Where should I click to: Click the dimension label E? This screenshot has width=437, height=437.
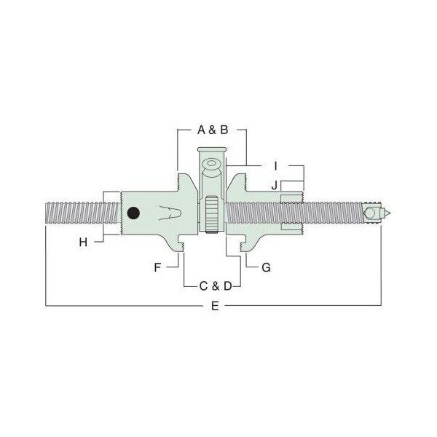point(215,306)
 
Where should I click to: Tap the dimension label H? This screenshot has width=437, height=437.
point(83,243)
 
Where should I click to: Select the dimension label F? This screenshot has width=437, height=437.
point(157,267)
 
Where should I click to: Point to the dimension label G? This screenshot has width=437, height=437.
point(266,267)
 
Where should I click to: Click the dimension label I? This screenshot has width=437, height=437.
point(275,166)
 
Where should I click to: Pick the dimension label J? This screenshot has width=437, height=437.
point(275,185)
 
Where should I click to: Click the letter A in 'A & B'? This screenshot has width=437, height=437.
point(201,130)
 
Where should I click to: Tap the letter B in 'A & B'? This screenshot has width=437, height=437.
point(224,130)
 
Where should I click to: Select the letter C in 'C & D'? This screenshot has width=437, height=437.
point(203,286)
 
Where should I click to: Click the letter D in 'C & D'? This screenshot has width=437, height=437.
point(228,286)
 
